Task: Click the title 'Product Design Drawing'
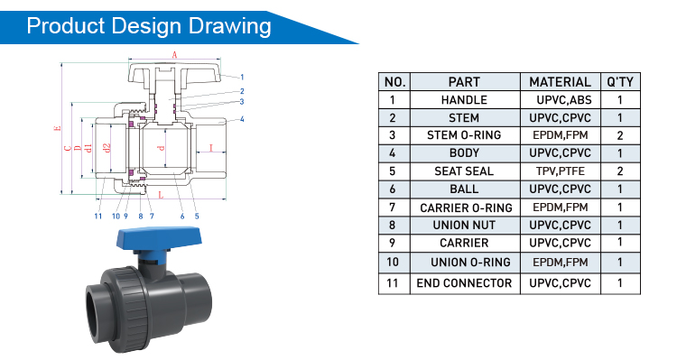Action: [149, 25]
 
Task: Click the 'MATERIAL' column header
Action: [560, 81]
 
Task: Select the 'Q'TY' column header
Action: [620, 81]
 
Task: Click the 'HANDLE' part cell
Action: [464, 100]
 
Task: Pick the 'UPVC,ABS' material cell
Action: [560, 100]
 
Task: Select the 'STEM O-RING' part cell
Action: [464, 135]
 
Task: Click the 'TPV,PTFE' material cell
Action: [560, 171]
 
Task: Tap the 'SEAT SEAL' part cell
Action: [464, 171]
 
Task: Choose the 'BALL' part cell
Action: [464, 189]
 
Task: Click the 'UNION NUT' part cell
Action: [464, 225]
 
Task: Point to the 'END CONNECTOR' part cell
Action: [464, 283]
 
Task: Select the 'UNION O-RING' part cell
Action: [464, 263]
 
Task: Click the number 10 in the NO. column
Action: [393, 263]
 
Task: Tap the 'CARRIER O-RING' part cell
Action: [464, 208]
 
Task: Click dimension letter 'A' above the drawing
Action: [174, 56]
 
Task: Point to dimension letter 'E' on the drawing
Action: [56, 129]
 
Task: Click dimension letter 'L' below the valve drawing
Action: [160, 195]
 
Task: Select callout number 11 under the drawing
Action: [97, 216]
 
